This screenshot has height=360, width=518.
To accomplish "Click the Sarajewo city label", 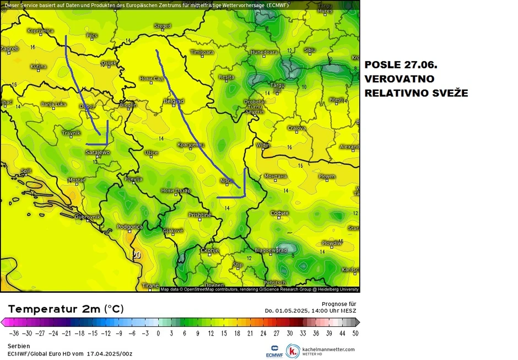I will click(97, 152).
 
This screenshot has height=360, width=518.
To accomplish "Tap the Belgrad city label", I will click(174, 101).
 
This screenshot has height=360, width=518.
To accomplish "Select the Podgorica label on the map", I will click(131, 227).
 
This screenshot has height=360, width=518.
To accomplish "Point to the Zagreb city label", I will click(9, 49).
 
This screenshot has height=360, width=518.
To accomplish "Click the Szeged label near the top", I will click(163, 26).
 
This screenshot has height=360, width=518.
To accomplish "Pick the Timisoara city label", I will click(202, 52).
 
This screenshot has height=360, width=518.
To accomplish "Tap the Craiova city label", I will click(297, 128).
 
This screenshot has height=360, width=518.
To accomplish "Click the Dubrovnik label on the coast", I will click(87, 217).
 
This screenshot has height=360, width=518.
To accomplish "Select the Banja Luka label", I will click(53, 104).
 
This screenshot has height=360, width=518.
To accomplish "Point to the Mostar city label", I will click(77, 180).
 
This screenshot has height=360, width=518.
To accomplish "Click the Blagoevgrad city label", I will click(270, 250).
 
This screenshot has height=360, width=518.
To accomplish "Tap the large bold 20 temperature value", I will click(137, 255).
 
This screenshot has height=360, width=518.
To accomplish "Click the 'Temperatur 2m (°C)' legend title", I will click(66, 309).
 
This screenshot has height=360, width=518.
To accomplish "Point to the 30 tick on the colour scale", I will click(290, 333).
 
